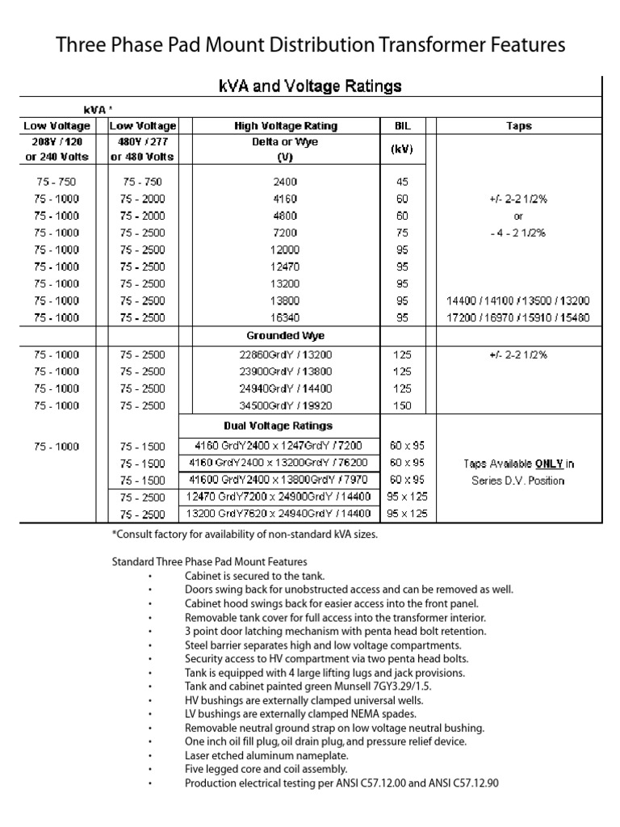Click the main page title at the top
(x=310, y=44)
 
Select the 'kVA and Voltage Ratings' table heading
(x=310, y=86)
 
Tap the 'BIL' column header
(x=402, y=126)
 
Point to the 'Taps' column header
(x=518, y=126)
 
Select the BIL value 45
(x=402, y=182)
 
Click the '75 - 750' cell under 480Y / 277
(x=142, y=182)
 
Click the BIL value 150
(x=402, y=405)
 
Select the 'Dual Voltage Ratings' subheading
(x=278, y=426)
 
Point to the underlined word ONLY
(x=548, y=464)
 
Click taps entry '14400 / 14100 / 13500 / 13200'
(x=518, y=300)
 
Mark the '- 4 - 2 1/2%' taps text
(x=518, y=233)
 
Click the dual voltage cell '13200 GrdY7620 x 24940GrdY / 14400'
(x=278, y=514)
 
